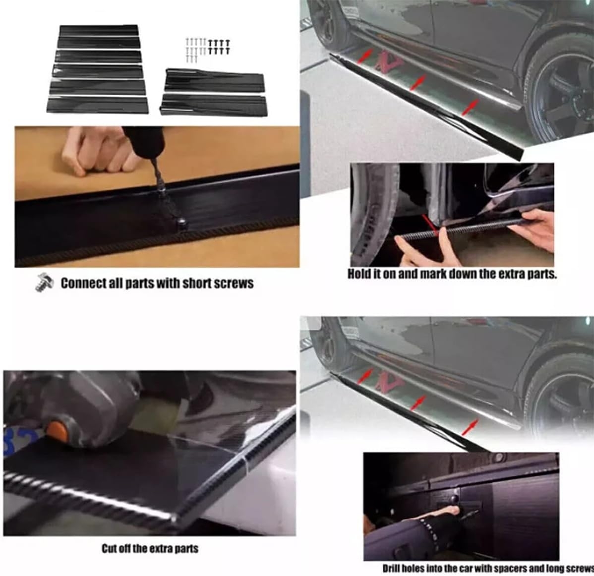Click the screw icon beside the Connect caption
click(x=44, y=283)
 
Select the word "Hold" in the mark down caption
click(x=357, y=274)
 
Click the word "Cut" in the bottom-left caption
click(x=109, y=548)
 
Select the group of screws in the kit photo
click(x=208, y=49)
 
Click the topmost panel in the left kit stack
click(x=99, y=31)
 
